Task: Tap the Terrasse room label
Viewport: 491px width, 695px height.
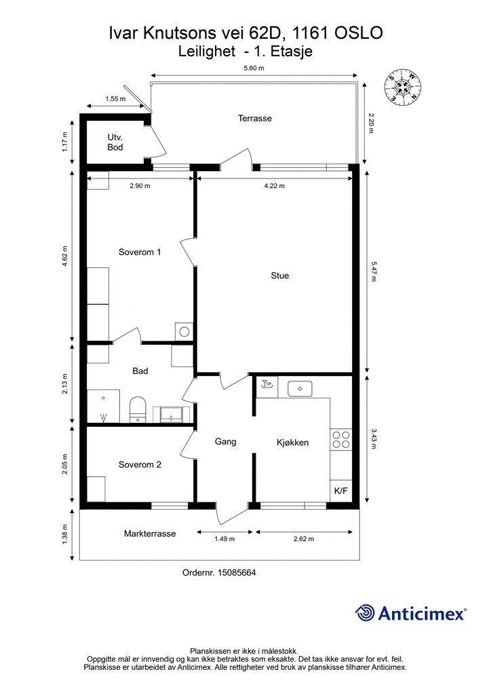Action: tap(254, 118)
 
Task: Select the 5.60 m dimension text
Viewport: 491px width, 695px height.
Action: tap(254, 68)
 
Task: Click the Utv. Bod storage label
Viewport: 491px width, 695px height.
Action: tap(115, 142)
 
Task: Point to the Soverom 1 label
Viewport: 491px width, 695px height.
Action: tap(140, 252)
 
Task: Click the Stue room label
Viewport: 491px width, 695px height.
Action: tap(280, 276)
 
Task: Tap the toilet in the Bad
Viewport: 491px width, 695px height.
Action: tap(138, 409)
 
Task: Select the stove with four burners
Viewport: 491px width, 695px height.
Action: tap(341, 439)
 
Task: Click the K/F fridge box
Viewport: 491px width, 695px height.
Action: tap(341, 491)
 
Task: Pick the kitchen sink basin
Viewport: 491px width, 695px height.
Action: tap(300, 389)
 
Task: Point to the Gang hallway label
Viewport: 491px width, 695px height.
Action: tap(225, 441)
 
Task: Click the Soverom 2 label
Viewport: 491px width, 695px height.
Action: tap(140, 464)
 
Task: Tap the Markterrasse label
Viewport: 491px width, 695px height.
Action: tap(150, 533)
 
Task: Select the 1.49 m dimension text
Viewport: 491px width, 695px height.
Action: tap(224, 539)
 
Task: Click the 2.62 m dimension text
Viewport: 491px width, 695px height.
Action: tap(304, 539)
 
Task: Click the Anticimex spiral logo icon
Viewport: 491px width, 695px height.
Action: tap(366, 613)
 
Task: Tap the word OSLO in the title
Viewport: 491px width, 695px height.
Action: tap(359, 33)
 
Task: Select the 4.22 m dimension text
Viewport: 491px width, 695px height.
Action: tap(275, 186)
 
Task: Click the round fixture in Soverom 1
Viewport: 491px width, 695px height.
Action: tap(184, 331)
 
